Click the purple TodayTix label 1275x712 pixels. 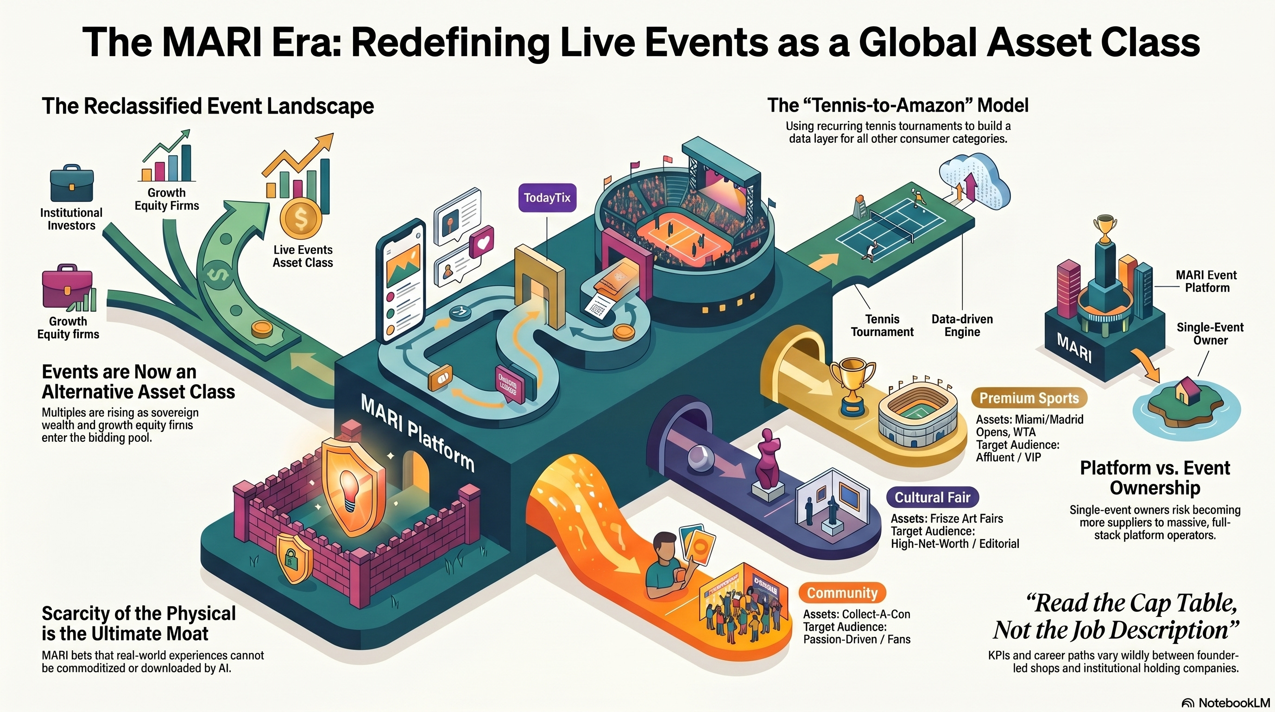[547, 198]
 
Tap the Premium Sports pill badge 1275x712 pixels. [1029, 398]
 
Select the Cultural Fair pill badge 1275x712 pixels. [933, 497]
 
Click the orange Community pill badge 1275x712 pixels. [842, 593]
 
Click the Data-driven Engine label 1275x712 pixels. [962, 325]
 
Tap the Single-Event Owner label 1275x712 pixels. [1210, 334]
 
